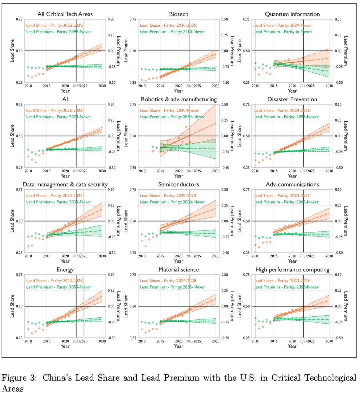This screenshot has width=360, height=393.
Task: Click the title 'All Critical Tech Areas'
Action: pos(65,14)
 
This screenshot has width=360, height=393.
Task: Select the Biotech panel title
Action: pos(179,14)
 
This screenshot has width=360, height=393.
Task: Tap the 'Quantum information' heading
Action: pos(292,14)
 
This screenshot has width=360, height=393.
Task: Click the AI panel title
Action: pos(65,99)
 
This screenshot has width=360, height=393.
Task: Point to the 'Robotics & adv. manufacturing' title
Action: pos(179,99)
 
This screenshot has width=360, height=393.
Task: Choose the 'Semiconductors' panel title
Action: pos(179,185)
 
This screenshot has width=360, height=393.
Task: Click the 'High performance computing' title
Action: pos(292,270)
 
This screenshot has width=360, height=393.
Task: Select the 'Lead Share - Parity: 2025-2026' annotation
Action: pos(54,111)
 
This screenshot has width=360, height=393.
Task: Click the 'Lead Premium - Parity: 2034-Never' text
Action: pos(172,117)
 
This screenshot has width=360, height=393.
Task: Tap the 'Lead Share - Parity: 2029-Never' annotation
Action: pos(283,25)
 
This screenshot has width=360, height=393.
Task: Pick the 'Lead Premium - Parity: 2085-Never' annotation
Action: pos(172,287)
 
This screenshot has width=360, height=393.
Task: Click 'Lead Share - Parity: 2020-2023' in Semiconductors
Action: pos(168,196)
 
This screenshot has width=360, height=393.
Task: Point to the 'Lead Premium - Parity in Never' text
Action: pos(283,32)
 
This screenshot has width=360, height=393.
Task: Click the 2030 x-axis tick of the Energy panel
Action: pos(102,341)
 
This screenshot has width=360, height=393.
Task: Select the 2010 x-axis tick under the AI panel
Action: pos(28,171)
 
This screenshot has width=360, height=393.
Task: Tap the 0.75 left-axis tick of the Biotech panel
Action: pos(133,19)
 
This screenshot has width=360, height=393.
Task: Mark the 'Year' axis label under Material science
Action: pos(179,346)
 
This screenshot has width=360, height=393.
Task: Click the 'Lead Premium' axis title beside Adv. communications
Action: pos(346,221)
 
